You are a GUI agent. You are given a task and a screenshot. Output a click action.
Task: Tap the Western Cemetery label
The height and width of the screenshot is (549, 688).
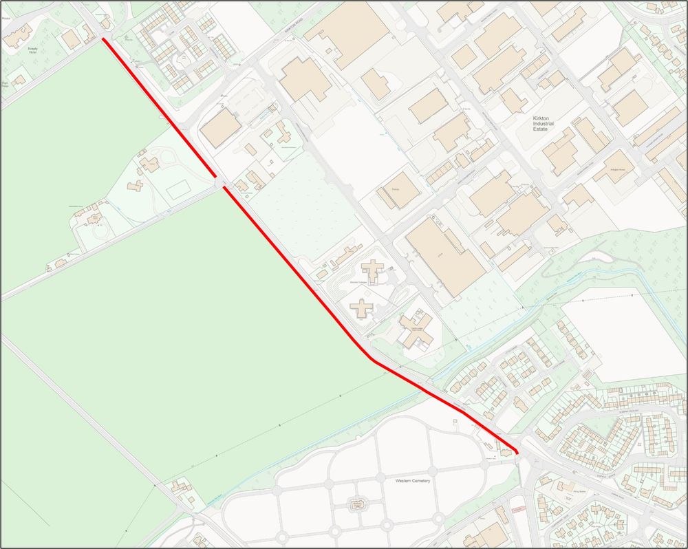413,480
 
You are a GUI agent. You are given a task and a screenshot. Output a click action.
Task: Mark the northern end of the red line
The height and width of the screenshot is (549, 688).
104,40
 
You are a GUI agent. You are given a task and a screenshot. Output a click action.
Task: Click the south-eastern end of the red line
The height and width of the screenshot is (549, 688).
517,451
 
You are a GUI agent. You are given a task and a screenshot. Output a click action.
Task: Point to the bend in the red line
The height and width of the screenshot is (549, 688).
370,357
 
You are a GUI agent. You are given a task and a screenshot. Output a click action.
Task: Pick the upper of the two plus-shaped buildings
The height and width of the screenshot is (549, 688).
373,270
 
